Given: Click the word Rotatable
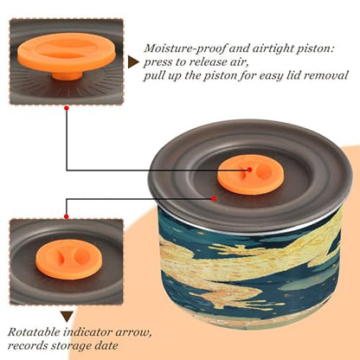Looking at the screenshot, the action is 33,332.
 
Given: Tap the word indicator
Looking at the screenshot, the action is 87,332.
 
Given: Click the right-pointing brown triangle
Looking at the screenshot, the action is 133,62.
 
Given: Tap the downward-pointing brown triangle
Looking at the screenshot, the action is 67,317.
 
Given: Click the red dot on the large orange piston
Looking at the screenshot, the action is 250,170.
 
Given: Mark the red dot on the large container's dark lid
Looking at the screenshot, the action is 214,198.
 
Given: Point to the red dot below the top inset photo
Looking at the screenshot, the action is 67,108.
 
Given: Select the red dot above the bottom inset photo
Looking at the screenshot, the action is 67,216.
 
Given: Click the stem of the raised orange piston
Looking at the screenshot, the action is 67,74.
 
